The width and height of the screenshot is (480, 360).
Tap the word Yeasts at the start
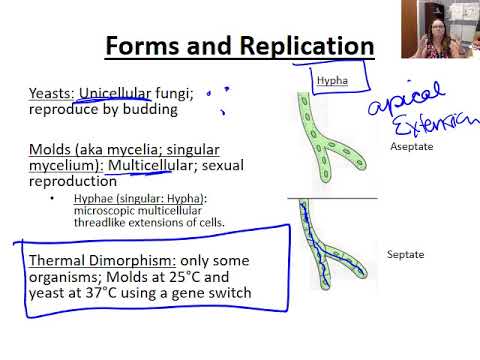(x=51, y=93)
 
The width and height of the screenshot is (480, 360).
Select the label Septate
(x=406, y=254)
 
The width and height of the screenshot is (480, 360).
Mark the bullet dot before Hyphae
(x=52, y=199)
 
